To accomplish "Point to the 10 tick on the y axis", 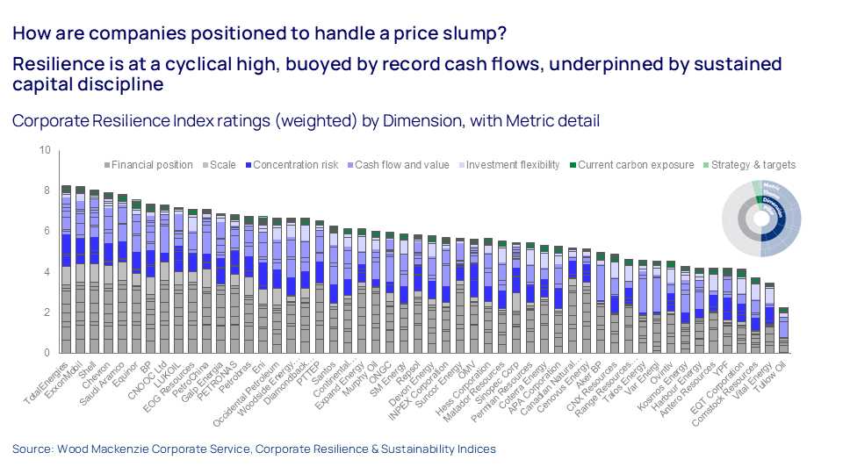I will pos(45,150).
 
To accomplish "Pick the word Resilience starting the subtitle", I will pos(54,64).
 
